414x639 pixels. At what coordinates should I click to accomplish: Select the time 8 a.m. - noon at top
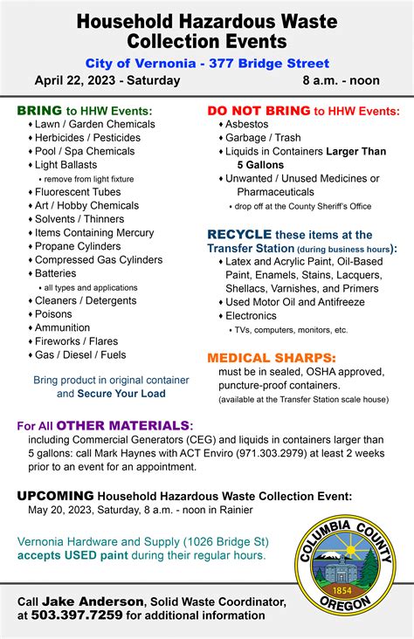341,80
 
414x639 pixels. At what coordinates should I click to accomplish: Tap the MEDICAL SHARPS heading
271,358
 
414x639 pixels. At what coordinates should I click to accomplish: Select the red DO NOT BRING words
258,111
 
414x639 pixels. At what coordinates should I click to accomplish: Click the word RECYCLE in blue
238,235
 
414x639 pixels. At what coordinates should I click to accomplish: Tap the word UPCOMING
56,496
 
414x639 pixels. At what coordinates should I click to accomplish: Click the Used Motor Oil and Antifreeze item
294,302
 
